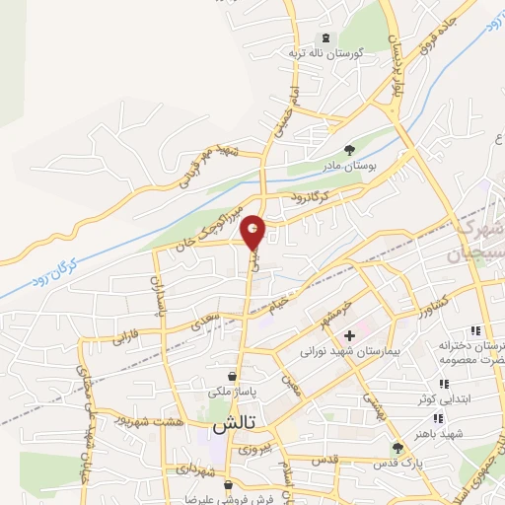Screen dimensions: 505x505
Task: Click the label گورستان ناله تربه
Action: click(x=326, y=54)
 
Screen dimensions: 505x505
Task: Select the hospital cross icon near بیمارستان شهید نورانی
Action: click(x=349, y=335)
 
